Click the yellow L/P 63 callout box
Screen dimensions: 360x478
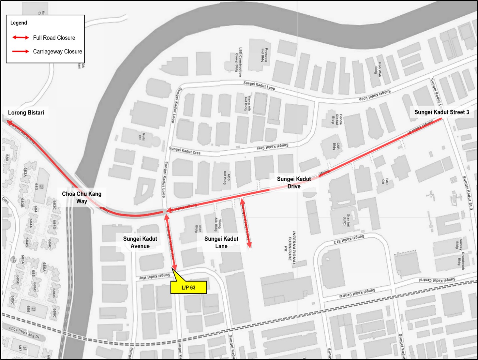[188, 287]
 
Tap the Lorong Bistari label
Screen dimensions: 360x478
[26, 112]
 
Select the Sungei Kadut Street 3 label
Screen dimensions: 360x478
[441, 112]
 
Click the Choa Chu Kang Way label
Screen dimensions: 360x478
[82, 197]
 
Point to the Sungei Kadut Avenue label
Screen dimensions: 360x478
[140, 242]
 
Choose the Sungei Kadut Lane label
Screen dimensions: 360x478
[221, 242]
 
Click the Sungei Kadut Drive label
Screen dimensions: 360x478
[294, 183]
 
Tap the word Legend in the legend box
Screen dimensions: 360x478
[19, 23]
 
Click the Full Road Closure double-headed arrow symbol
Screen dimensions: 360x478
[21, 37]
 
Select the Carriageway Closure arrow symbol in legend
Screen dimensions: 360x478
[21, 51]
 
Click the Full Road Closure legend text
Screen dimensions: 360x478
[54, 38]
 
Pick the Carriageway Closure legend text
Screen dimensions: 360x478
[57, 52]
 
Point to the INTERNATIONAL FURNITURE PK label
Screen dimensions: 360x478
[292, 246]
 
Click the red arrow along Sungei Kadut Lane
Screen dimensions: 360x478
[246, 224]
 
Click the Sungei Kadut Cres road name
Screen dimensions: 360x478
[185, 151]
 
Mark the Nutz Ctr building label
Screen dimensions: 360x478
[142, 137]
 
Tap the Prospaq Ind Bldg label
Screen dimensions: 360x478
[264, 55]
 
